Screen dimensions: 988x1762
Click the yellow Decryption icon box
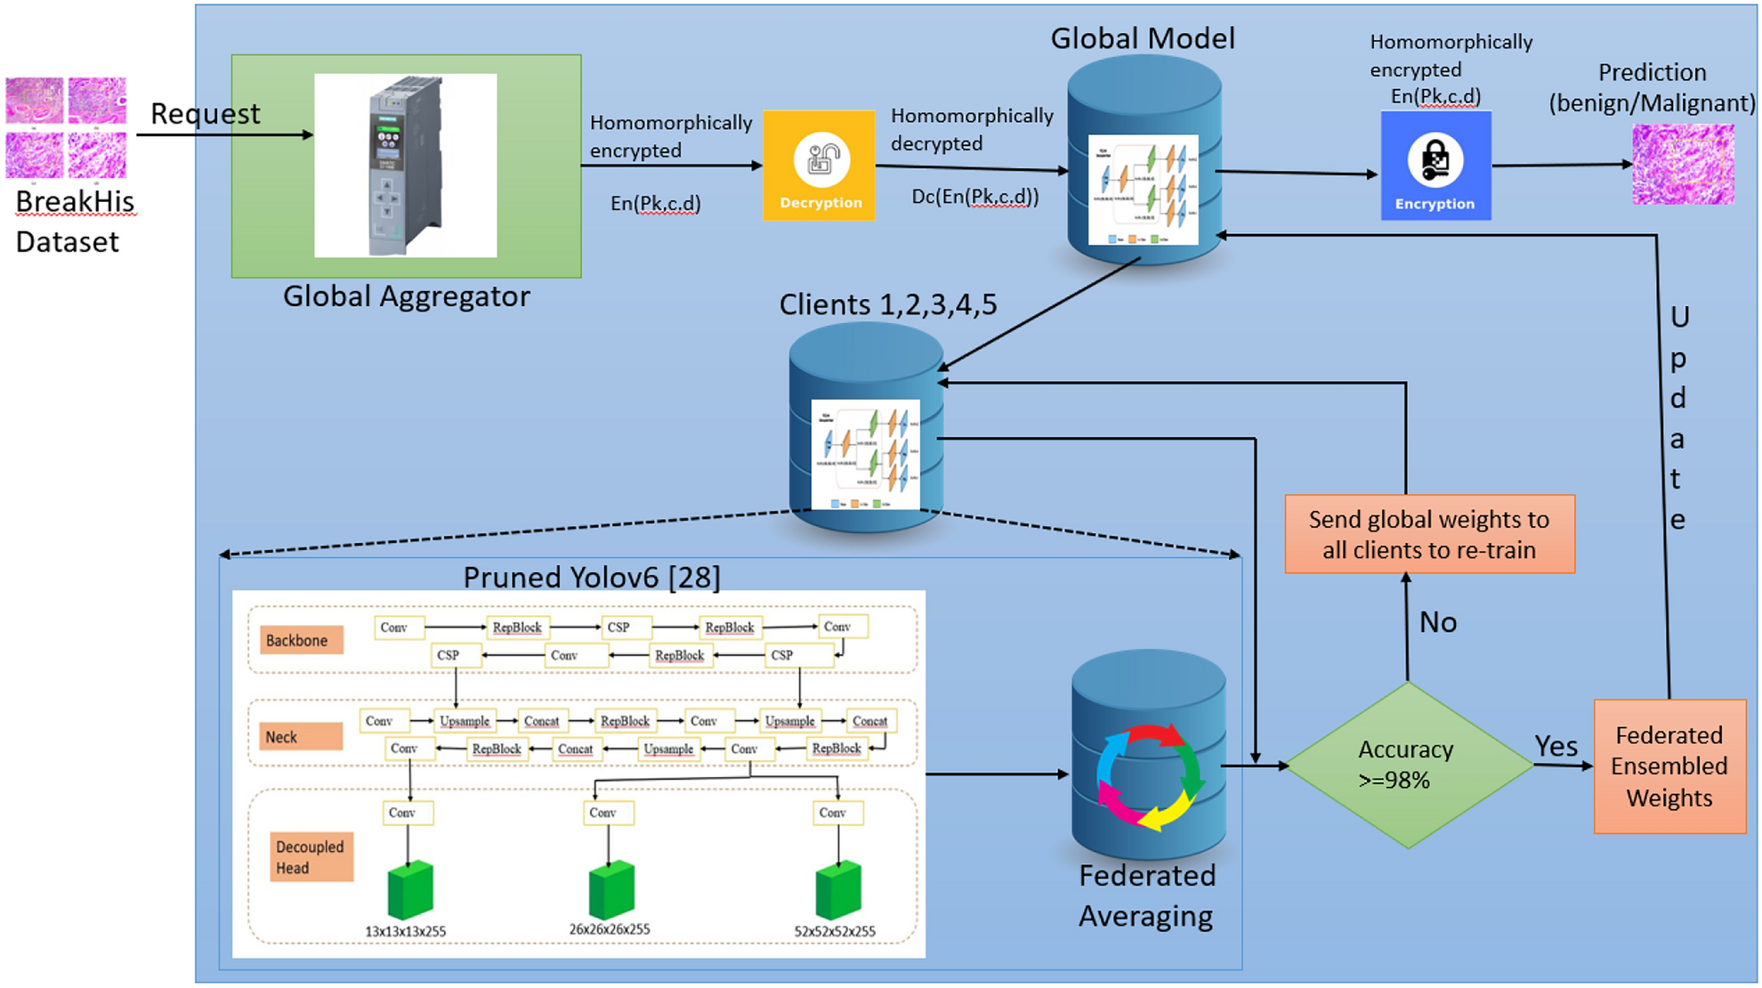pyautogui.click(x=819, y=166)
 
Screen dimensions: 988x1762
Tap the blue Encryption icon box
pyautogui.click(x=1435, y=166)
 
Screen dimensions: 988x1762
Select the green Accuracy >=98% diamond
pyautogui.click(x=1408, y=765)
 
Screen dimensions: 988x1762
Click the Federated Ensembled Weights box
pyautogui.click(x=1669, y=766)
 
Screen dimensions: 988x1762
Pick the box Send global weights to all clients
pyautogui.click(x=1429, y=534)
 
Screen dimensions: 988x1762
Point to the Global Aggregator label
pyautogui.click(x=406, y=296)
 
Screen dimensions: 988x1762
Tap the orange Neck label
pyautogui.click(x=299, y=736)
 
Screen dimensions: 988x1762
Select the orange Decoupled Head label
pyautogui.click(x=311, y=856)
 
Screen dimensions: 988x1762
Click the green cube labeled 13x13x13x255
pyautogui.click(x=410, y=890)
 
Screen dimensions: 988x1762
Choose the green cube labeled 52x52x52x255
pyautogui.click(x=838, y=890)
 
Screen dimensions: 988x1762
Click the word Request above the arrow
pyautogui.click(x=205, y=114)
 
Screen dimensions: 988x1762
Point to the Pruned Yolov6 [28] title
pyautogui.click(x=592, y=577)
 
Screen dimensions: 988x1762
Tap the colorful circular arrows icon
pyautogui.click(x=1149, y=777)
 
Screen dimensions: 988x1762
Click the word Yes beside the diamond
pyautogui.click(x=1556, y=746)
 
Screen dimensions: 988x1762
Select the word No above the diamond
pyautogui.click(x=1437, y=622)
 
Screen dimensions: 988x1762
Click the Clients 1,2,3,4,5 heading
pyautogui.click(x=887, y=304)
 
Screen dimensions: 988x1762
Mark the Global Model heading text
pyautogui.click(x=1143, y=38)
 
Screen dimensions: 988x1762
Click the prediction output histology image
pyautogui.click(x=1683, y=165)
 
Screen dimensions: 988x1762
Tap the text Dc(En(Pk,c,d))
pyautogui.click(x=974, y=197)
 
